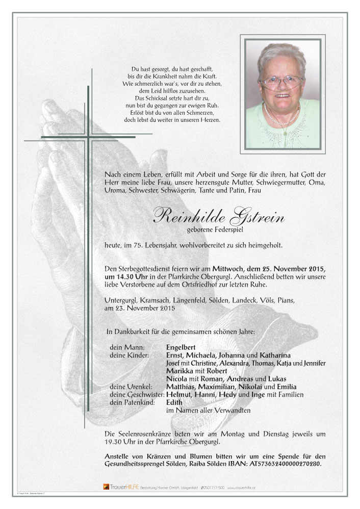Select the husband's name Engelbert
[x=181, y=347]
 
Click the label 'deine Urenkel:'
[x=130, y=387]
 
